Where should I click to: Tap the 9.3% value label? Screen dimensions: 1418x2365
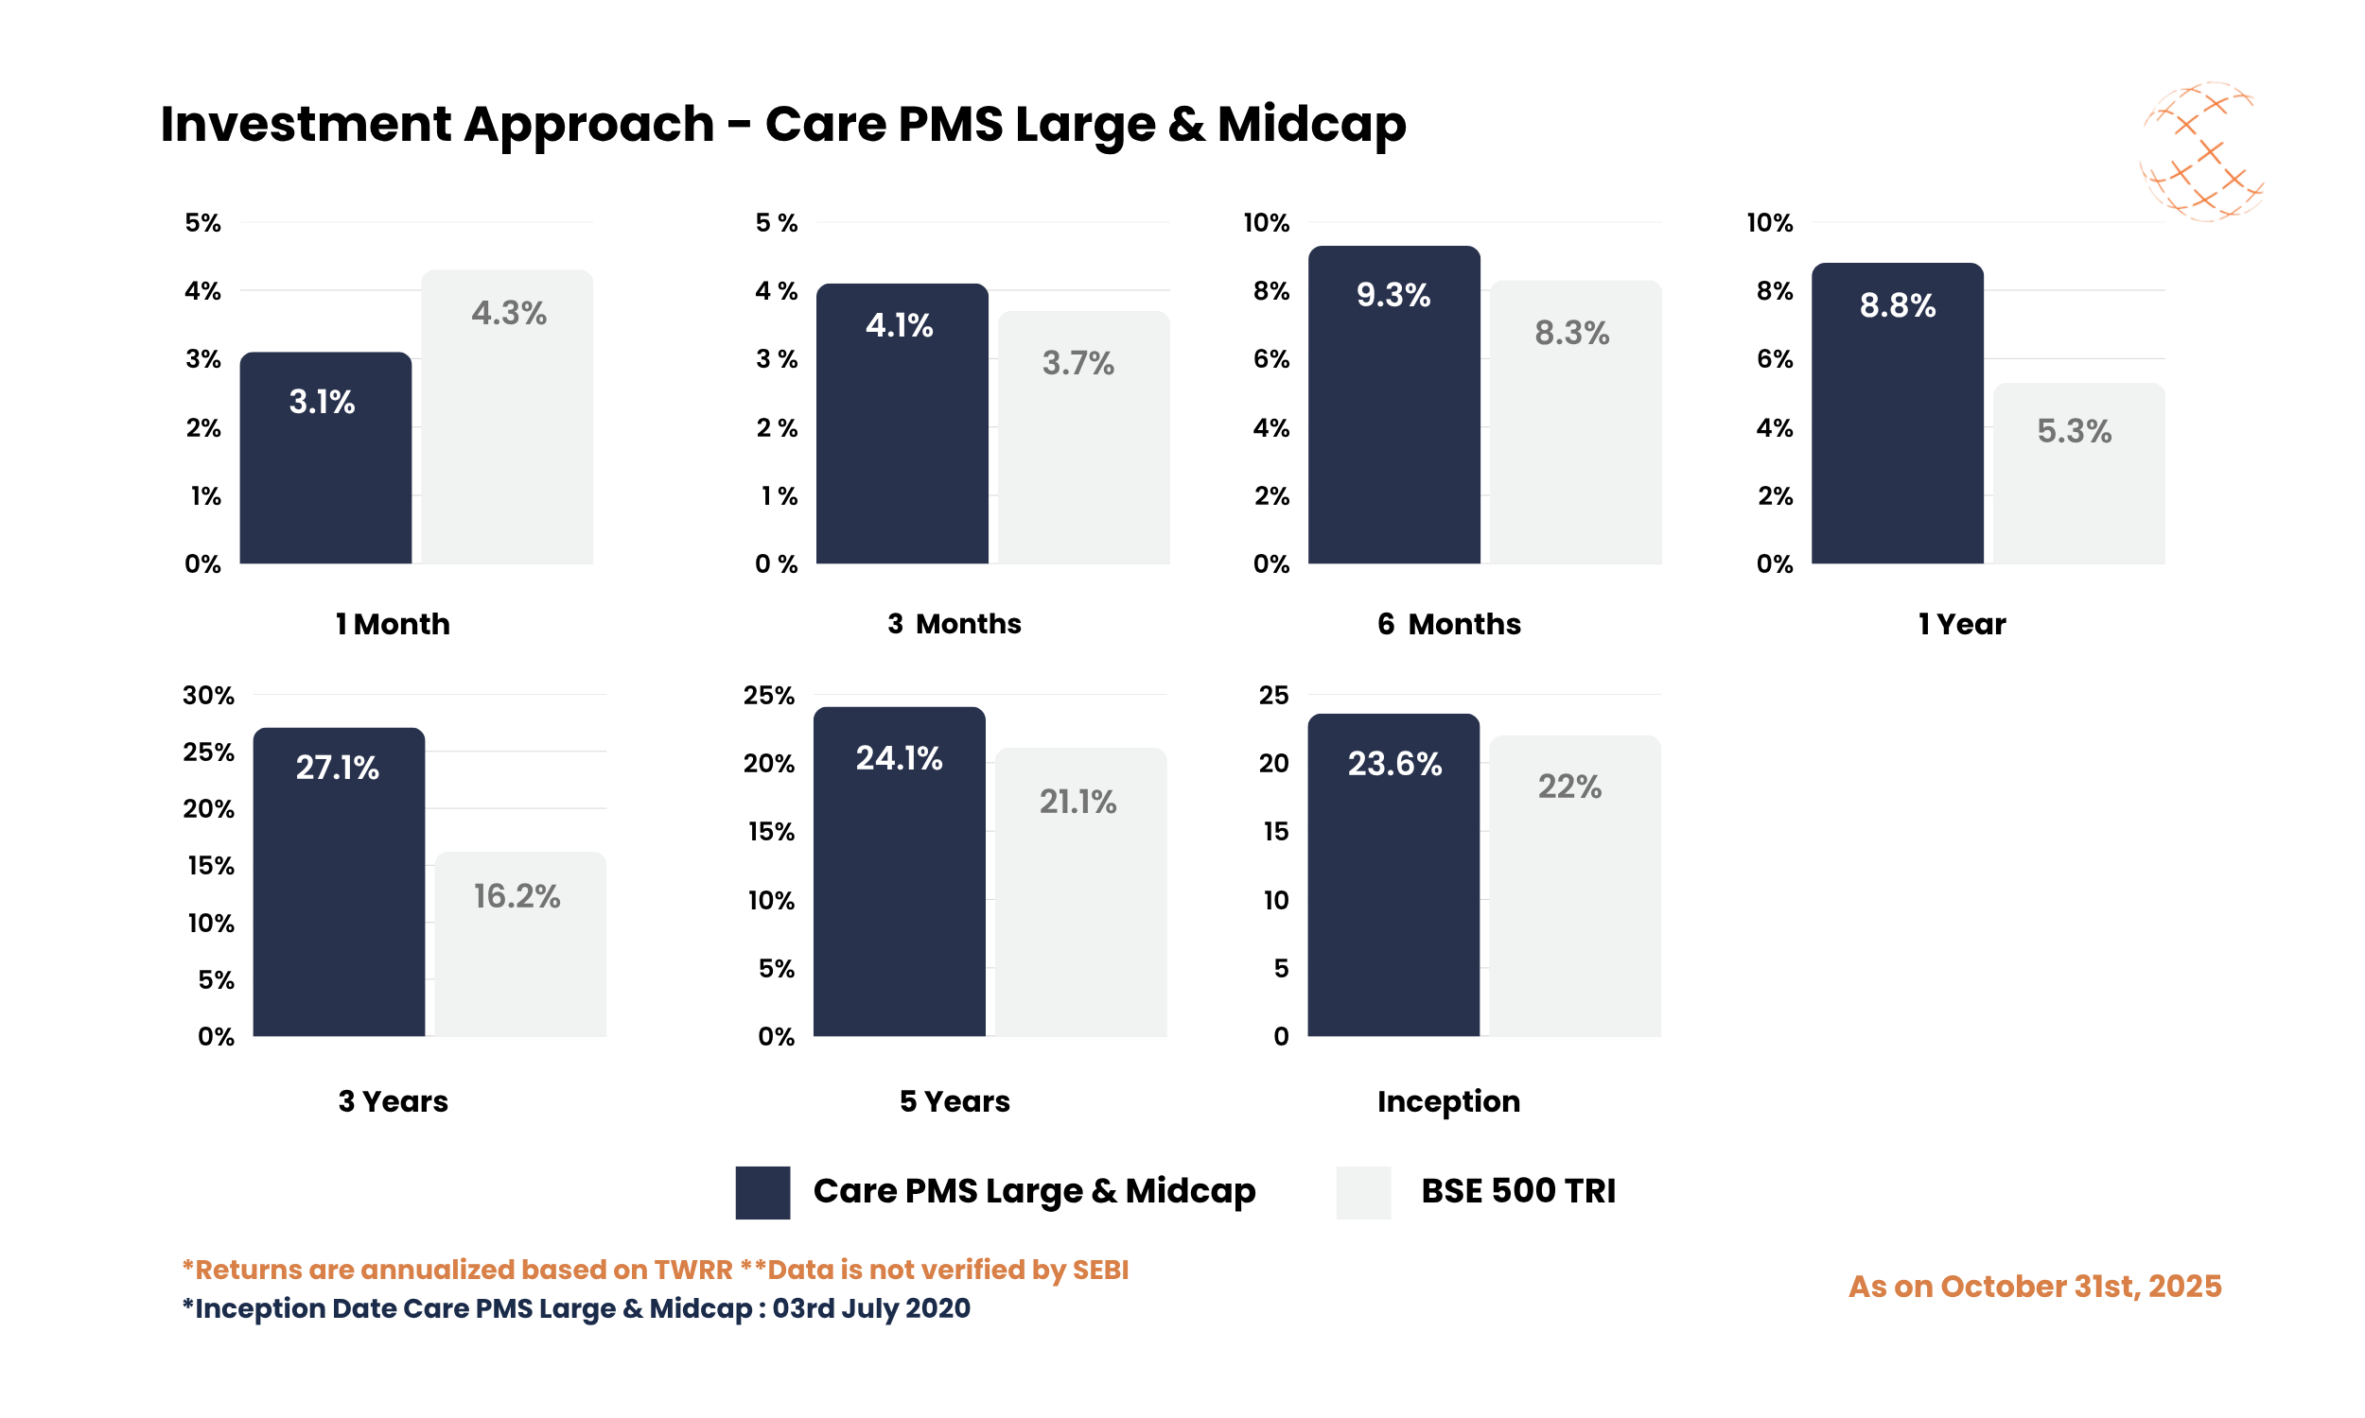[x=1393, y=295]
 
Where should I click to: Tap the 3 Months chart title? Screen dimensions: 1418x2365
[x=954, y=624]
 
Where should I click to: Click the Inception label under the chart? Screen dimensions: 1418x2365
[x=1447, y=1100]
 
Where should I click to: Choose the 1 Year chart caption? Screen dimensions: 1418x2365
[x=1962, y=624]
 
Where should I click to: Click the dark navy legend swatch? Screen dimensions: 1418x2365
[x=762, y=1191]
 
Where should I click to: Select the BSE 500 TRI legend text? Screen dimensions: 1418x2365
[x=1517, y=1190]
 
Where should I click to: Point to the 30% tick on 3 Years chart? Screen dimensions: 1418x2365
[x=208, y=695]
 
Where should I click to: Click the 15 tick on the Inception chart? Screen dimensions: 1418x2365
[x=1275, y=831]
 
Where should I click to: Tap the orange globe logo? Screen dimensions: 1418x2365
[x=2199, y=151]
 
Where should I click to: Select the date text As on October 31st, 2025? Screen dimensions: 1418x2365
[x=2034, y=1287]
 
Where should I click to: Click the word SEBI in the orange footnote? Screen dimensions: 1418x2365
[x=1100, y=1270]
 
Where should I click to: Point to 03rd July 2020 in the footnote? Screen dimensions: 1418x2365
[x=871, y=1308]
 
